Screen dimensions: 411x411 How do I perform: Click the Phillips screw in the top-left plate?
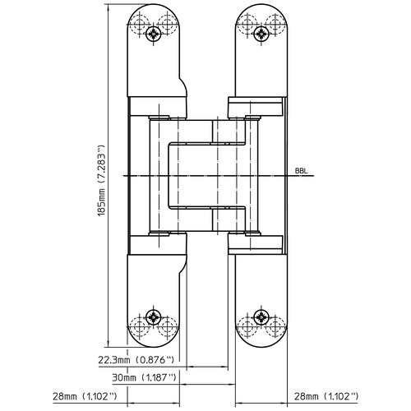click(x=155, y=34)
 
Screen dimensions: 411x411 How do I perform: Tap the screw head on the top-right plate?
click(x=261, y=34)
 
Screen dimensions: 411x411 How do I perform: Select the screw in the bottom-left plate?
click(x=155, y=320)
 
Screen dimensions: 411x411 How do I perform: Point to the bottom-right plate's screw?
click(x=261, y=320)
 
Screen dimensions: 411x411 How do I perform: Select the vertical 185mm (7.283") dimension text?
click(x=102, y=176)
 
